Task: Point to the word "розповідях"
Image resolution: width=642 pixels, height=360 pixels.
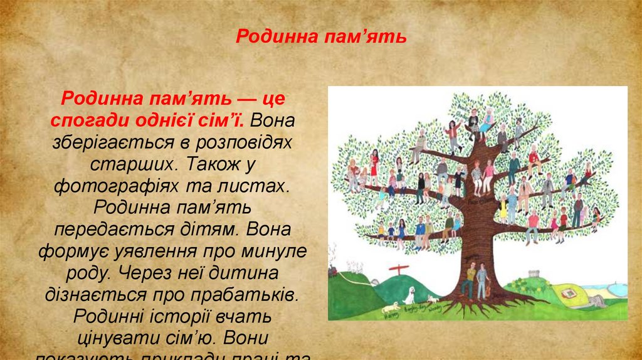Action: pos(249,142)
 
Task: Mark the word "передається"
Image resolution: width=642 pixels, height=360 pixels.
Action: pos(107,230)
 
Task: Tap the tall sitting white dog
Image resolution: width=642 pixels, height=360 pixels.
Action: pos(409,294)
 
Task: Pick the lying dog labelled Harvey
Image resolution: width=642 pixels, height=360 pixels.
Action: pos(391,306)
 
